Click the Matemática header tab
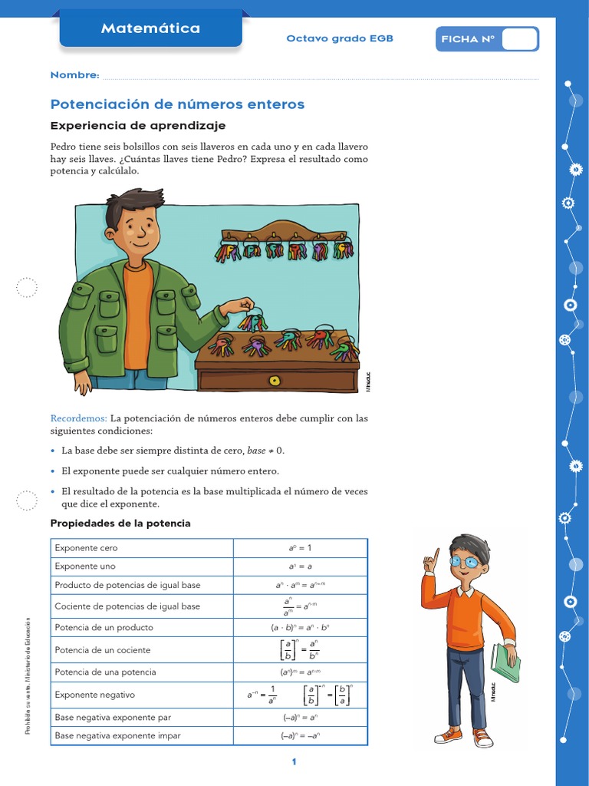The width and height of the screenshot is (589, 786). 150,28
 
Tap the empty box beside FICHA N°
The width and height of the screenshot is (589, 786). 519,39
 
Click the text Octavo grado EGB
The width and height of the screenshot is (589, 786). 339,38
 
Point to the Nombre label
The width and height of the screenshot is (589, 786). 74,75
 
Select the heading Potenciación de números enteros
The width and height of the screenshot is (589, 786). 177,104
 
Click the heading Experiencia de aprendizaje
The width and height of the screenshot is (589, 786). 138,126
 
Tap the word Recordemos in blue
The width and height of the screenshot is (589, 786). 78,418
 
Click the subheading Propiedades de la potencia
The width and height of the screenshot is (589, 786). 120,523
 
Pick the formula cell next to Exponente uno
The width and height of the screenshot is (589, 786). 300,566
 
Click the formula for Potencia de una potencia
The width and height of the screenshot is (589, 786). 300,672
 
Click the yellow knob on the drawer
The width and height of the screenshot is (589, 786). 275,380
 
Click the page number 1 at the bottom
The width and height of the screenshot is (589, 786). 294,761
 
